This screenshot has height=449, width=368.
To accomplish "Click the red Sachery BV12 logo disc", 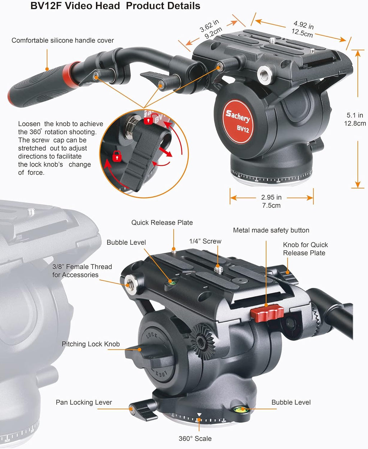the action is [237, 121].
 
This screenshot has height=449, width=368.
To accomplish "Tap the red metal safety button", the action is [267, 313].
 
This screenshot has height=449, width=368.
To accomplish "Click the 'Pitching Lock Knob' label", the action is [91, 344].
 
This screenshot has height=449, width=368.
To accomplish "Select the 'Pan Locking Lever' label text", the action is [84, 402].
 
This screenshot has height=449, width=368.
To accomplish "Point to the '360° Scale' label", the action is [195, 439].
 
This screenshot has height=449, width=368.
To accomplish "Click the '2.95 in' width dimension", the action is [271, 197].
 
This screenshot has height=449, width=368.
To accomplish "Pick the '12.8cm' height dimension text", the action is [355, 123].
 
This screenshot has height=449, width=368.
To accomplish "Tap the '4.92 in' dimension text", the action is [304, 25].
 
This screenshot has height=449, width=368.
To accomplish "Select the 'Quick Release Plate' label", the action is [162, 223].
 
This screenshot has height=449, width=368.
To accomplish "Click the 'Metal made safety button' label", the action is [271, 230].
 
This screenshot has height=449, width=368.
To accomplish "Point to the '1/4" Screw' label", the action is [205, 241].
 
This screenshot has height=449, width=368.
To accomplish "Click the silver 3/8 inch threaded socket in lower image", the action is [130, 284].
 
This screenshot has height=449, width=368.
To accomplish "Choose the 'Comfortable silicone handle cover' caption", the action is [63, 40].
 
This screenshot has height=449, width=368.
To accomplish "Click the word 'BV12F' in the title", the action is [46, 6].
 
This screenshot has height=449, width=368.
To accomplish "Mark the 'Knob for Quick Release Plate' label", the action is [305, 249].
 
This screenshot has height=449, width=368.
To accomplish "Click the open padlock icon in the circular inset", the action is [149, 120].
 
